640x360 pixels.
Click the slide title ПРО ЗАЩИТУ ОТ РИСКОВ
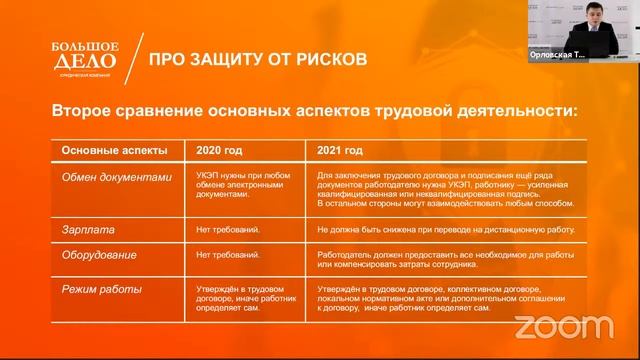click(258, 59)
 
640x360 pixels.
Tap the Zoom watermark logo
click(564, 327)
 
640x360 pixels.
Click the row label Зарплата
click(86, 229)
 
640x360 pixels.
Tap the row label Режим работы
click(101, 290)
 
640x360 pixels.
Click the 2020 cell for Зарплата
click(228, 229)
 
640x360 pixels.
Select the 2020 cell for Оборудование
click(228, 254)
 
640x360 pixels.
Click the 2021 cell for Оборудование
click(431, 259)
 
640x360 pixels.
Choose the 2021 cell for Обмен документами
click(431, 189)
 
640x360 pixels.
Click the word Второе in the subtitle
click(88, 110)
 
